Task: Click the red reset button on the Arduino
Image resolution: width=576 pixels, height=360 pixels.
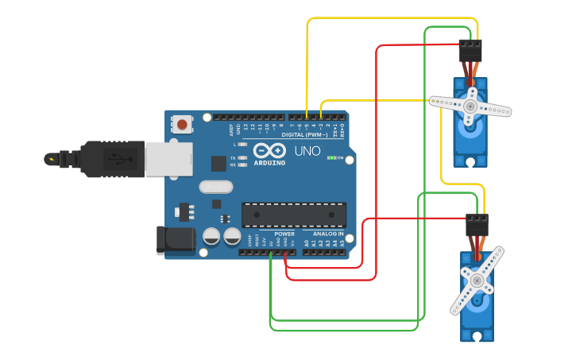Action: [x=183, y=125]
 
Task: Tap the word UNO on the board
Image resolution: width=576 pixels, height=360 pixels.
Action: [x=307, y=151]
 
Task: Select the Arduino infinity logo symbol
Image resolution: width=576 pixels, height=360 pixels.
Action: [x=269, y=151]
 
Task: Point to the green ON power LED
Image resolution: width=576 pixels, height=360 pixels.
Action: [x=331, y=157]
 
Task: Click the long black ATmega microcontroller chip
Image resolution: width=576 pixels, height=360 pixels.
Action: [x=294, y=215]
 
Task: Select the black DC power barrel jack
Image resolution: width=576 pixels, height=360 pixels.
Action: [x=176, y=240]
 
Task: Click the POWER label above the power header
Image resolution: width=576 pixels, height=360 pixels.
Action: [x=284, y=234]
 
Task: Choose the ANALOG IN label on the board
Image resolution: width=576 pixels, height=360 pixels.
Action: [x=329, y=234]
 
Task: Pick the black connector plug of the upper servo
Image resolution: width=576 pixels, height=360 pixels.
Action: [x=470, y=51]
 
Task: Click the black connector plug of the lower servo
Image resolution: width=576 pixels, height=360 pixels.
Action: [x=477, y=225]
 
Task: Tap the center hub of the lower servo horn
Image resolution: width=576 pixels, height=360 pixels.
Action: [x=477, y=280]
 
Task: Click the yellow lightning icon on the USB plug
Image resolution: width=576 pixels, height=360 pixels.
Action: [x=52, y=159]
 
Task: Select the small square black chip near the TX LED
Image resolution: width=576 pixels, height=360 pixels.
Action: [x=218, y=163]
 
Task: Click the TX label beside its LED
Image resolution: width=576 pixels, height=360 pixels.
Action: [x=233, y=158]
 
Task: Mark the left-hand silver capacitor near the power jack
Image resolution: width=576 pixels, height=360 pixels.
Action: [x=212, y=236]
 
